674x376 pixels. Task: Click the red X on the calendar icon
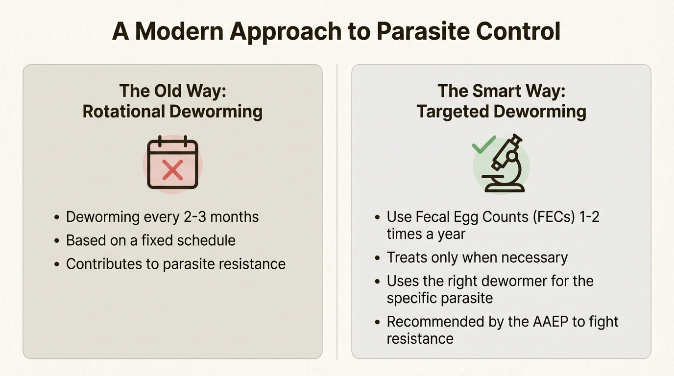point(172,170)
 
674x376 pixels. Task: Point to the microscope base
point(503,188)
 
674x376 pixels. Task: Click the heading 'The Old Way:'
point(172,91)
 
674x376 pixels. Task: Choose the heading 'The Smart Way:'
point(501,91)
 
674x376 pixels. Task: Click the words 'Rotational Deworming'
point(172,112)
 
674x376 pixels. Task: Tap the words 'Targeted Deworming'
point(501,112)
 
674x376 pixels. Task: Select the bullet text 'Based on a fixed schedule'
point(151,240)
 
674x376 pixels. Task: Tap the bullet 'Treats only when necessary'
point(477,258)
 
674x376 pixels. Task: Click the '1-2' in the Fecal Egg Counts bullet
point(588,217)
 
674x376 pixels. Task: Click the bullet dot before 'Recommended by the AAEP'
point(377,323)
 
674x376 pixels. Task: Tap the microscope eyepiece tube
point(514,142)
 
